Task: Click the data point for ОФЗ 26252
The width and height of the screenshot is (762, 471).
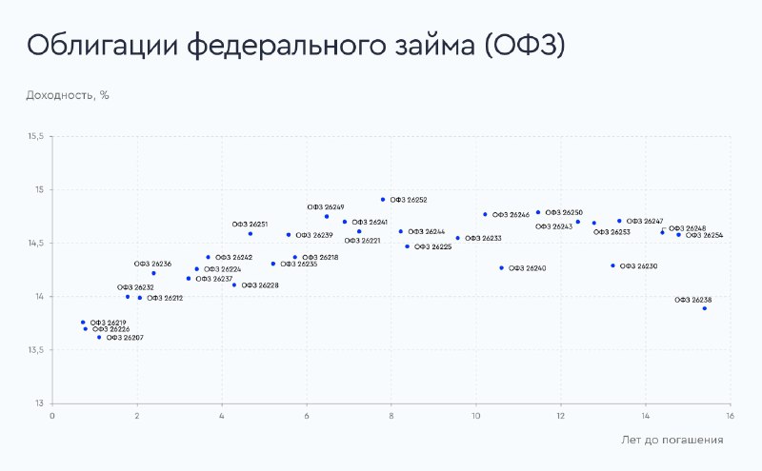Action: coord(383,200)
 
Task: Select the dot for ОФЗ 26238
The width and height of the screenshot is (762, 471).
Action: coord(705,308)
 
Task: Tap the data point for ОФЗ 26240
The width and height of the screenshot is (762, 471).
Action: coord(502,268)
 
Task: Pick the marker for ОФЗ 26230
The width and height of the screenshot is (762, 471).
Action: coord(612,265)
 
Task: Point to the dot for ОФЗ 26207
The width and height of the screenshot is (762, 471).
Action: coord(99,337)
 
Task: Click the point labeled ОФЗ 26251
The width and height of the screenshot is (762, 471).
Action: coord(251,233)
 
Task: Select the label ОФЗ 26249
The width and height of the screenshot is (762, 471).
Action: coord(326,206)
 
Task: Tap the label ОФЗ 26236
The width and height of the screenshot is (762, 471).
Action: coord(152,264)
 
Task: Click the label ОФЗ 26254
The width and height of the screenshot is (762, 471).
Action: coord(704,235)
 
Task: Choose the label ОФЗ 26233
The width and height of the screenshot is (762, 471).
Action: coord(483,239)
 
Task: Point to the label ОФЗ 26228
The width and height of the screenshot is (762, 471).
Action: coord(260,285)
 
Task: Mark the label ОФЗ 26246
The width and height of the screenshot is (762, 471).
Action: coord(511,215)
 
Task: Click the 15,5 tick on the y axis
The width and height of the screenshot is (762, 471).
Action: coord(35,136)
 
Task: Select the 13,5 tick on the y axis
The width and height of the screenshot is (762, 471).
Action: coord(35,350)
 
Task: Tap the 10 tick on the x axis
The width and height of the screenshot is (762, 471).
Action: coord(475,416)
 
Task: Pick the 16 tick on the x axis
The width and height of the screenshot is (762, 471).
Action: coord(730,416)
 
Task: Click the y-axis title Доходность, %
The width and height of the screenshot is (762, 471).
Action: coord(68,95)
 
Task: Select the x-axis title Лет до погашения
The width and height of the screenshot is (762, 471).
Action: coord(672,440)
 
